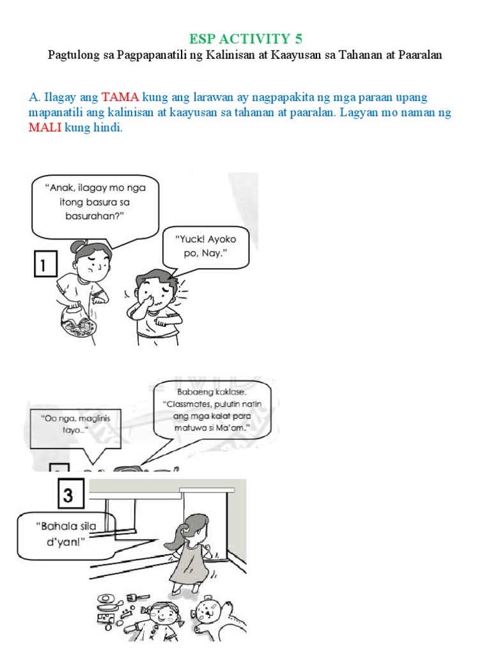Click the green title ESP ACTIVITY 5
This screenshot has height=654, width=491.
click(x=245, y=39)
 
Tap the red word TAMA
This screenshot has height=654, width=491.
click(x=120, y=98)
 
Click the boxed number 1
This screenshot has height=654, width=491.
click(x=45, y=265)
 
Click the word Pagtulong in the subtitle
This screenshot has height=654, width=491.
click(x=73, y=56)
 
